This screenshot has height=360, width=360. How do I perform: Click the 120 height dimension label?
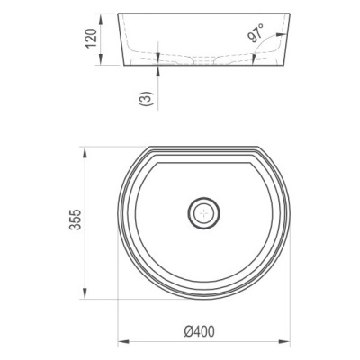(x=91, y=39)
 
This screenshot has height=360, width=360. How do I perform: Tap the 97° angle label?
(x=256, y=32)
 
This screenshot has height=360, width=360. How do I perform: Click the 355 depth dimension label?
(x=75, y=220)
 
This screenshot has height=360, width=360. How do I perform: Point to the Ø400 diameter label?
(x=200, y=332)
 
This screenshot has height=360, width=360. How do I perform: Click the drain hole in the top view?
(x=203, y=213)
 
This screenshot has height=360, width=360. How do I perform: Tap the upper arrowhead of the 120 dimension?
(x=101, y=19)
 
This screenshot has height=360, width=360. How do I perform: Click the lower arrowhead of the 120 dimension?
(x=101, y=59)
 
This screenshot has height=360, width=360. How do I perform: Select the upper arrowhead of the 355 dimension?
(x=85, y=152)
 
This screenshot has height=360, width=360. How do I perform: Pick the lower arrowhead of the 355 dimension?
(x=85, y=293)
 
